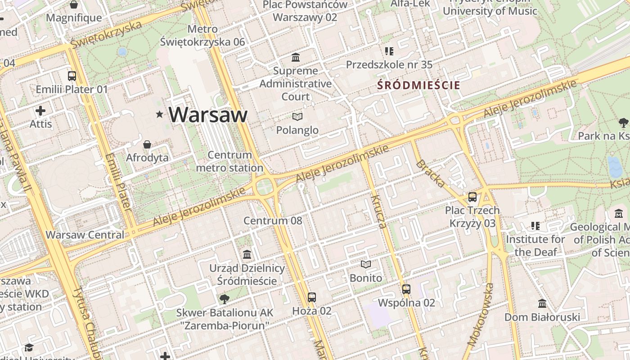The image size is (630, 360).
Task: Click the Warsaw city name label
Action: [x=208, y=115]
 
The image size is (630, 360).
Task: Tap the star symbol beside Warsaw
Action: [x=159, y=114]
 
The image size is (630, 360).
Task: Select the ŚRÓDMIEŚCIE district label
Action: [x=418, y=85]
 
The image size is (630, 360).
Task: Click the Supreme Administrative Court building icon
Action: [x=296, y=58]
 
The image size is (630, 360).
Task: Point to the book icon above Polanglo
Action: [x=297, y=117]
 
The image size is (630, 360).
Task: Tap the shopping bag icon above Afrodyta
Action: [x=147, y=144]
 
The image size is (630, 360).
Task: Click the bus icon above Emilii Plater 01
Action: [x=72, y=76]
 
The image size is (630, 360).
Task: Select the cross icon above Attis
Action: [x=40, y=110]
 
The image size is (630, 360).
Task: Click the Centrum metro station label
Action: [x=230, y=162]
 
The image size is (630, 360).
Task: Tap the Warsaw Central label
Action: [x=85, y=235]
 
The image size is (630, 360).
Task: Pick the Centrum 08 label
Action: [x=273, y=221]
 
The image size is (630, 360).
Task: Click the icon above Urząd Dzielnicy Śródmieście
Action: [x=247, y=255]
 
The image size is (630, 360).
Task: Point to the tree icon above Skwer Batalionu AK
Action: [x=224, y=299]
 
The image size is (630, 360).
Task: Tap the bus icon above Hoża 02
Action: [x=312, y=297]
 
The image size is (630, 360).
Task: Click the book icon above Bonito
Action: [x=366, y=265]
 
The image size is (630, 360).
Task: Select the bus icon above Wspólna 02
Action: [x=406, y=289]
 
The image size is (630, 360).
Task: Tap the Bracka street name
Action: [x=430, y=174]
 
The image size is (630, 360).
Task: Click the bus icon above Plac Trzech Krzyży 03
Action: [x=472, y=197]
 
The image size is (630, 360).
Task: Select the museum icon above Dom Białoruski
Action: [x=542, y=304]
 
